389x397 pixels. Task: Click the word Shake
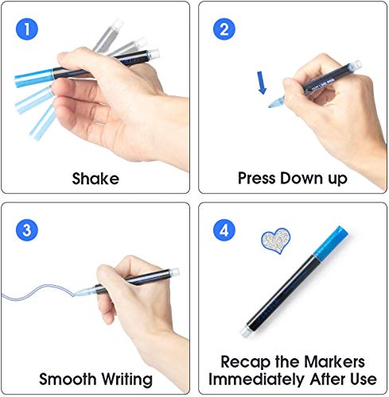[x=95, y=178]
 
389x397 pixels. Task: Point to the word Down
[x=305, y=178]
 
